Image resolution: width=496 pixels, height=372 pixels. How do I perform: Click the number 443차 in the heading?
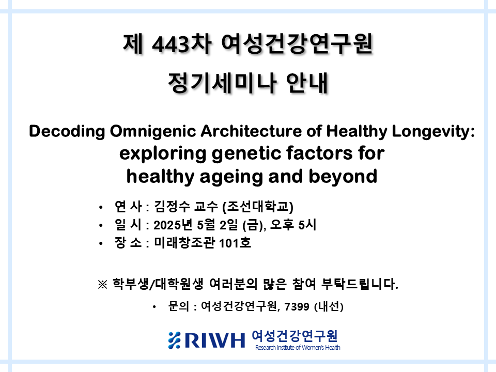pyautogui.click(x=181, y=44)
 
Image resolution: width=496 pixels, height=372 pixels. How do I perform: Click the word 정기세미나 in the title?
pyautogui.click(x=222, y=83)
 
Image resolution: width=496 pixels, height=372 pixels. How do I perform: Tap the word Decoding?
pyautogui.click(x=67, y=131)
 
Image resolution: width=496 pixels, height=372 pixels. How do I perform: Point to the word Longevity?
pyautogui.click(x=433, y=131)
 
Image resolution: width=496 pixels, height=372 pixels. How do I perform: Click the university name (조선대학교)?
pyautogui.click(x=258, y=207)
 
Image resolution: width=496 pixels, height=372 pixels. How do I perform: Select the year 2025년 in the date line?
pyautogui.click(x=173, y=225)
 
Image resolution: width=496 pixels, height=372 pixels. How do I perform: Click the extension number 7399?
pyautogui.click(x=297, y=306)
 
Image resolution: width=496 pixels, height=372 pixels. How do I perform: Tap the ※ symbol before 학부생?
pyautogui.click(x=102, y=284)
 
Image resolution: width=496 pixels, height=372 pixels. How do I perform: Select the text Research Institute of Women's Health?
pyautogui.click(x=298, y=348)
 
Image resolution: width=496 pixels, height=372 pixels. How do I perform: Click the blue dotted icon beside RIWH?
pyautogui.click(x=174, y=340)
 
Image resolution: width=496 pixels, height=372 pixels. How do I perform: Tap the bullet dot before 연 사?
pyautogui.click(x=101, y=208)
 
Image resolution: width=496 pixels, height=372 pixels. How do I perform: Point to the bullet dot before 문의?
pyautogui.click(x=154, y=307)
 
